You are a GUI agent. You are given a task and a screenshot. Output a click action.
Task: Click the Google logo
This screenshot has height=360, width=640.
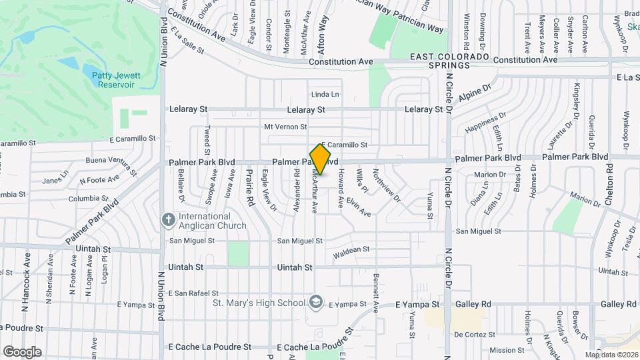[22, 351]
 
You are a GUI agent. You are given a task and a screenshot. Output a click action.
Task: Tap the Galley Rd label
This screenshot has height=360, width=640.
[473, 304]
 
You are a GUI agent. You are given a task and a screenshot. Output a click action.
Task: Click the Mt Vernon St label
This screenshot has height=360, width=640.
[285, 127]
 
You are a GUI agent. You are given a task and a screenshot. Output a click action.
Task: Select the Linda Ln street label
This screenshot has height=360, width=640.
[325, 95]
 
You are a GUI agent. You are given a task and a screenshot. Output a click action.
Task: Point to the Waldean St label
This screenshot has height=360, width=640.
[351, 249]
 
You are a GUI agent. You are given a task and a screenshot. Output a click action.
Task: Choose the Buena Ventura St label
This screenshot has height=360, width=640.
[111, 161]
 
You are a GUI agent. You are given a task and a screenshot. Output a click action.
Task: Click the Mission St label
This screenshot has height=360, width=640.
[507, 350]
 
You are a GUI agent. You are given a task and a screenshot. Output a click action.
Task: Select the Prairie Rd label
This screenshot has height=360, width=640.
[249, 189]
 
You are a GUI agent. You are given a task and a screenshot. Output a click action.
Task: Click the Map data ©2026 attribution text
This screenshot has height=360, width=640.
[611, 355]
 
